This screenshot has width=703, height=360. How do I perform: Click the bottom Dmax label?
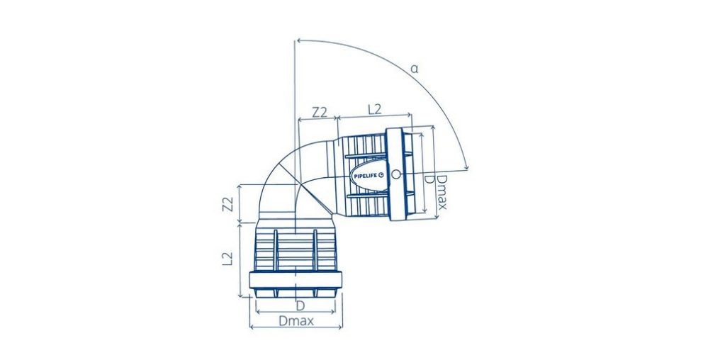[x=296, y=320]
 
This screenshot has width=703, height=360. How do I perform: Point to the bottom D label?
[x=300, y=305]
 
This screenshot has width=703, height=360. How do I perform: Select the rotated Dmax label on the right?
[x=442, y=192]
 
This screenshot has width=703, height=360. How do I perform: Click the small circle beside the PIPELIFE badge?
[x=395, y=174]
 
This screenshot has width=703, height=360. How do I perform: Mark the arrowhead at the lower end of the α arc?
[x=466, y=167]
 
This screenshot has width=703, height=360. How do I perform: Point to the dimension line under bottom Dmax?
[x=296, y=328]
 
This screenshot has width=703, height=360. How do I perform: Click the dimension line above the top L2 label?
[x=375, y=118]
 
